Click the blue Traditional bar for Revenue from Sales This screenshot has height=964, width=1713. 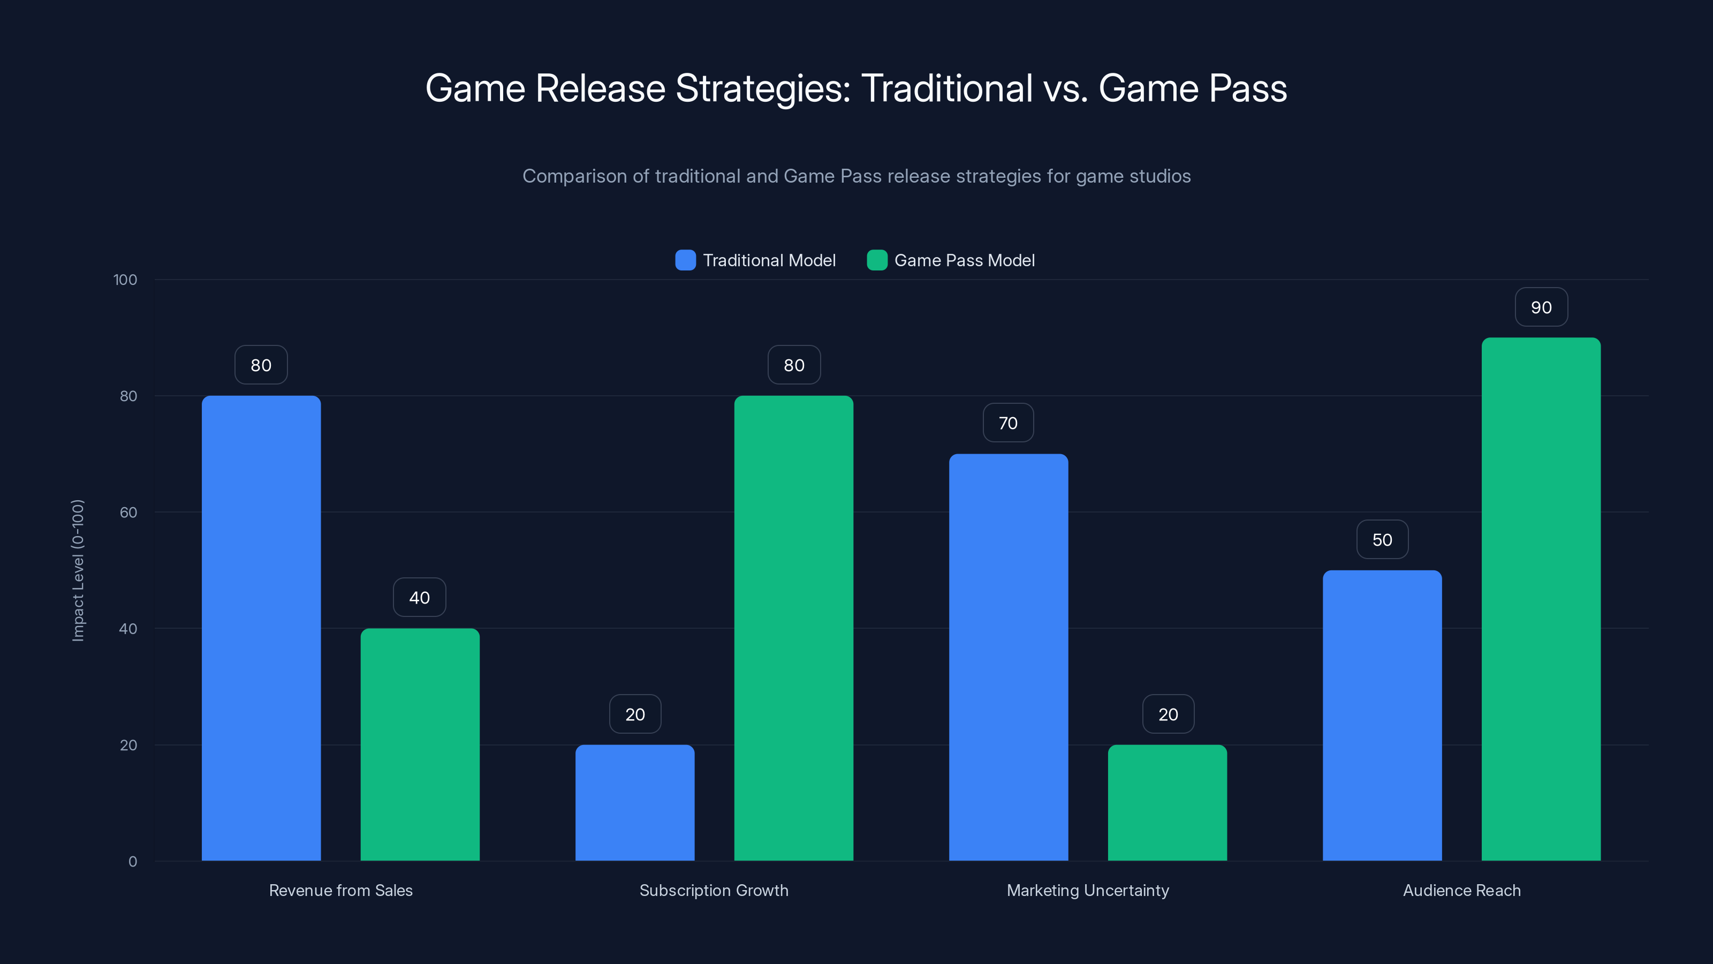pyautogui.click(x=261, y=628)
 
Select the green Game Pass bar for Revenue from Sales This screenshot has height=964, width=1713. pyautogui.click(x=420, y=744)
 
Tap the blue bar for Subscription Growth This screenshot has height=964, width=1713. pyautogui.click(x=634, y=802)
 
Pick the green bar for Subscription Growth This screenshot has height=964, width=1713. pyautogui.click(x=793, y=628)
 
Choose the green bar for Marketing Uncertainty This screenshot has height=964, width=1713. pyautogui.click(x=1167, y=802)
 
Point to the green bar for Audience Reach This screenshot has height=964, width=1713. pyautogui.click(x=1541, y=599)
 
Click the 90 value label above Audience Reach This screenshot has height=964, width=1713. pyautogui.click(x=1541, y=307)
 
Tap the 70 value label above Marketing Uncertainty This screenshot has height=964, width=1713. pyautogui.click(x=1008, y=423)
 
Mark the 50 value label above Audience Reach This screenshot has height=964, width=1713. pyautogui.click(x=1382, y=539)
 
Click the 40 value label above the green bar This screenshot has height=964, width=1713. pyautogui.click(x=420, y=598)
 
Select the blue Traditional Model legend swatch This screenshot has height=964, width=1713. pyautogui.click(x=685, y=260)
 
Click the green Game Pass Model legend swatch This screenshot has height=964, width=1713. pyautogui.click(x=876, y=260)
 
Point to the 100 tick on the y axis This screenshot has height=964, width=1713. pyautogui.click(x=125, y=280)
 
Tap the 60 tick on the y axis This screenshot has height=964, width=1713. pyautogui.click(x=128, y=513)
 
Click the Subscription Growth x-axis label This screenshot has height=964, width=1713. pyautogui.click(x=714, y=890)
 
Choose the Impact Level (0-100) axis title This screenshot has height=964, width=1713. pyautogui.click(x=78, y=570)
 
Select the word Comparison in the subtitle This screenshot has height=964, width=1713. pyautogui.click(x=574, y=176)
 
